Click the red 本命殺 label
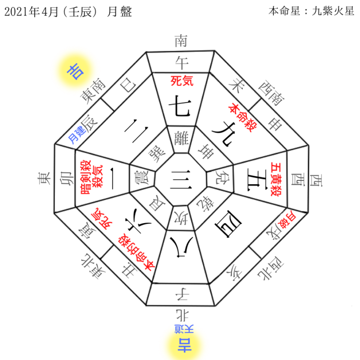(x=243, y=118)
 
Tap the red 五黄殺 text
(x=276, y=179)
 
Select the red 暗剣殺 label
(x=86, y=177)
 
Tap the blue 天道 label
(x=184, y=329)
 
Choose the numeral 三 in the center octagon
(x=180, y=180)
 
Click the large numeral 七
(x=180, y=106)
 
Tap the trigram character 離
(x=181, y=138)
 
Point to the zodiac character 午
(x=181, y=63)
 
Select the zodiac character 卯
(x=66, y=178)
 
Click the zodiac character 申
(x=275, y=124)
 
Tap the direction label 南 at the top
(x=181, y=41)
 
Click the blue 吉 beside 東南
(x=75, y=71)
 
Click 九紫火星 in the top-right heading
(x=333, y=11)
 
